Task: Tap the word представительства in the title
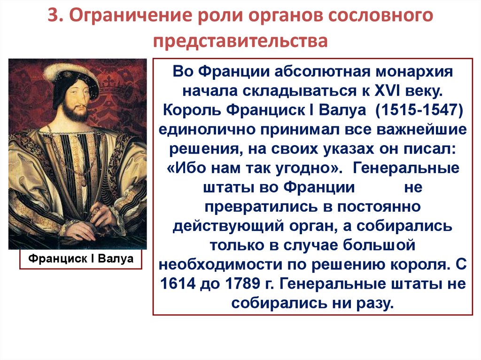point(240,41)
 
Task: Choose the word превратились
point(261,207)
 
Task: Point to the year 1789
point(243,283)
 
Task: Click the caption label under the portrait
point(81,259)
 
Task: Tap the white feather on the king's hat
point(65,68)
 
